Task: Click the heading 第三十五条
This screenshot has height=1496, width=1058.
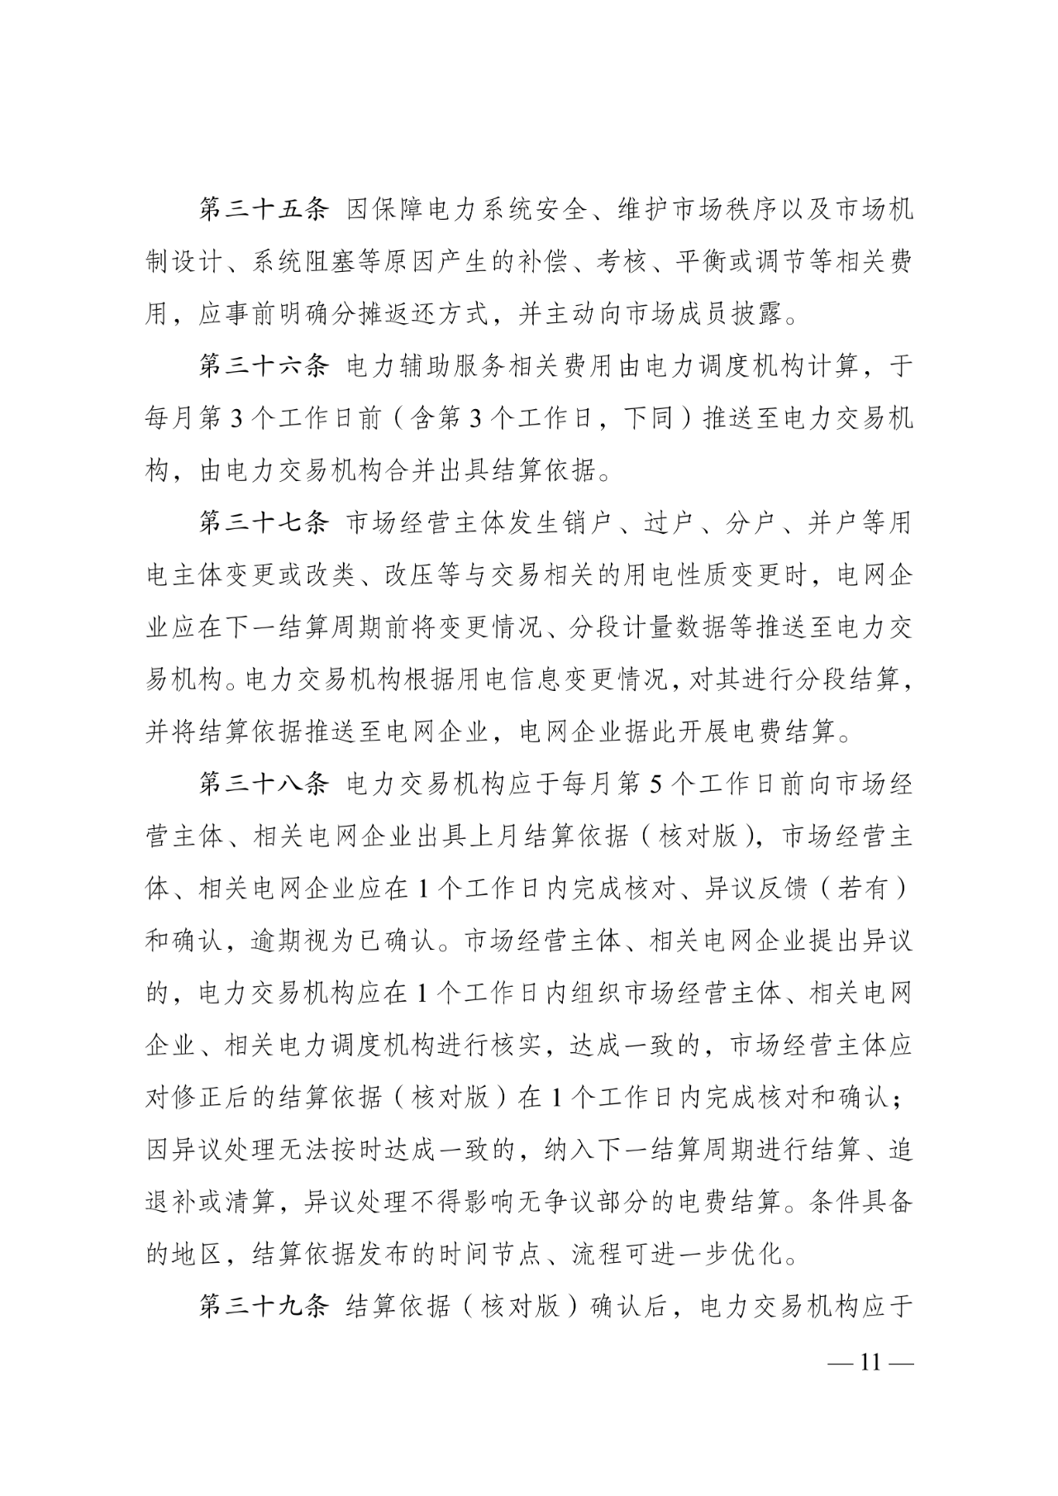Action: point(264,209)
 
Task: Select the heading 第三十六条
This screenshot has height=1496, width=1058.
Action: point(264,366)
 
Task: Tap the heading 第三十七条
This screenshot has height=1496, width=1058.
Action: point(264,523)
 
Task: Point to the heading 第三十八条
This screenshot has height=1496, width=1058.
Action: point(264,784)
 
